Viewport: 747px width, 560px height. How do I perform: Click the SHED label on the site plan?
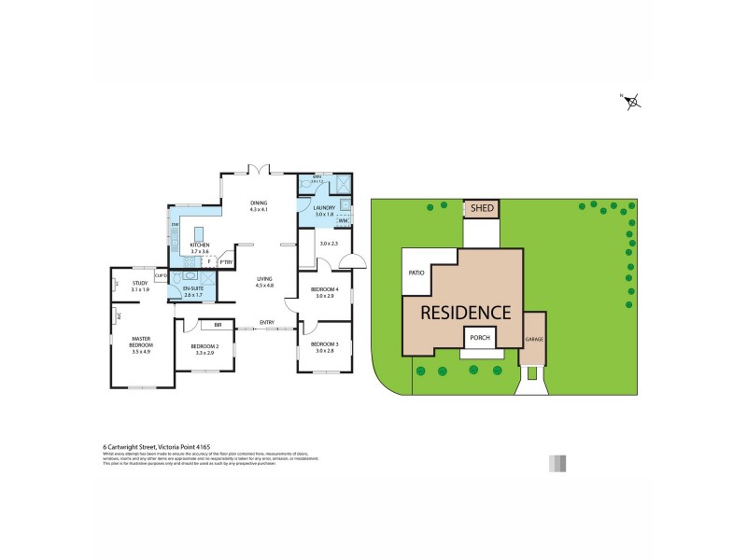[x=482, y=208]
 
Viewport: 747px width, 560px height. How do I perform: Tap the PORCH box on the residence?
[x=480, y=338]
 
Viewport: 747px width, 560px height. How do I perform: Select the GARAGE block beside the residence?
[x=534, y=339]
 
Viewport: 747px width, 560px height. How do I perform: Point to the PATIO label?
[x=416, y=273]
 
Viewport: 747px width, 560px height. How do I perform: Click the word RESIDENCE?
[x=464, y=313]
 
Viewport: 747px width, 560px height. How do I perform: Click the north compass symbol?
[x=633, y=102]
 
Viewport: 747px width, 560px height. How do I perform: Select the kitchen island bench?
[x=199, y=233]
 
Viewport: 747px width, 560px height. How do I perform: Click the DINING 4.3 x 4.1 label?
[x=259, y=206]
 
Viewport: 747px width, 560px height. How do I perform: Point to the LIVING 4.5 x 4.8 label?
[x=266, y=282]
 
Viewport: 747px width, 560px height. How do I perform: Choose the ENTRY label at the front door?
[x=268, y=325]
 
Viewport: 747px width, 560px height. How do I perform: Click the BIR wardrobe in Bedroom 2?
[x=218, y=325]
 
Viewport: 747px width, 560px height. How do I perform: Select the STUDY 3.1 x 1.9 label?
[x=140, y=285]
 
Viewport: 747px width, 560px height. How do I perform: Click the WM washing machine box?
[x=343, y=221]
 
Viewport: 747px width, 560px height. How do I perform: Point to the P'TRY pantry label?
[x=226, y=262]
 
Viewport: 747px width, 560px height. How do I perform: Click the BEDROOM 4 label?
[x=324, y=292]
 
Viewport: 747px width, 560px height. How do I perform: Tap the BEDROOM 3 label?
[x=324, y=346]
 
